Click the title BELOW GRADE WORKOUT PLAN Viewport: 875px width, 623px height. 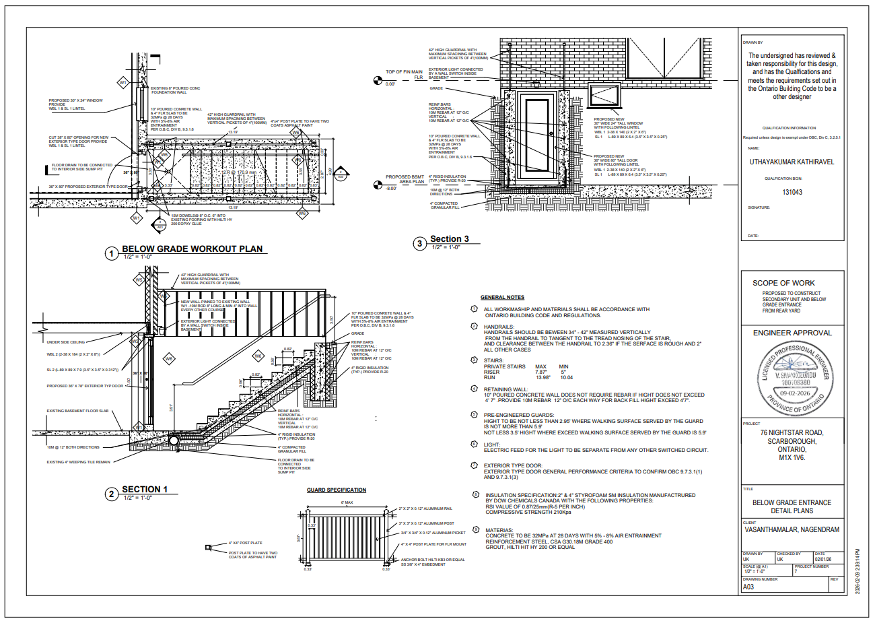pos(192,249)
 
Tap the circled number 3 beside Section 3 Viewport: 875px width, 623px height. pos(419,243)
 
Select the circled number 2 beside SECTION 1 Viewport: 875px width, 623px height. pos(112,494)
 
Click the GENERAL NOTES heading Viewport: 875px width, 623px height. pos(502,297)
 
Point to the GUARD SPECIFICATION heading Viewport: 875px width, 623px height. pos(337,490)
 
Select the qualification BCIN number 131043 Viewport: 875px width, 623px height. pos(792,192)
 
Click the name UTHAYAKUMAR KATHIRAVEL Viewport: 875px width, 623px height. pos(792,162)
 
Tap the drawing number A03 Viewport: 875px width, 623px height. pos(748,587)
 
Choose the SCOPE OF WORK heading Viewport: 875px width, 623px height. pos(783,283)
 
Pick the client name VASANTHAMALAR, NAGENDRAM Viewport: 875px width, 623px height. pos(792,529)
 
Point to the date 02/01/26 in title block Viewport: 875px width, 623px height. pos(823,559)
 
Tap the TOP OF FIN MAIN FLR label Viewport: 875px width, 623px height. pos(404,74)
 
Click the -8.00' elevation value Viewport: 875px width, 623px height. pos(391,189)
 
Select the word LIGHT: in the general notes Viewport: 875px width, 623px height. pos(492,445)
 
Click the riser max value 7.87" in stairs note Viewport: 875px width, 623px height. pos(540,372)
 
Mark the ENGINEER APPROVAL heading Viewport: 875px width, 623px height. pos(792,333)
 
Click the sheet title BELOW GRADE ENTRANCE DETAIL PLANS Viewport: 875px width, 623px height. pos(792,506)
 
